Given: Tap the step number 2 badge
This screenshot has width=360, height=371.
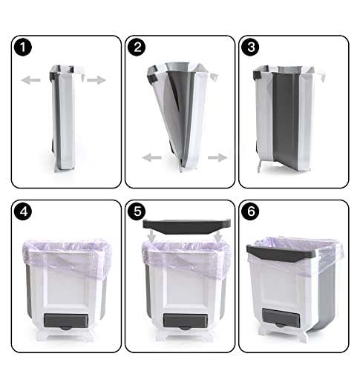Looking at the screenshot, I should pyautogui.click(x=136, y=47).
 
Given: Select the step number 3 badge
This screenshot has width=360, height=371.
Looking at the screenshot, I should pyautogui.click(x=249, y=47).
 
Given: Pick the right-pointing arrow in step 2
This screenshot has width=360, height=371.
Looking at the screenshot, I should pyautogui.click(x=217, y=157).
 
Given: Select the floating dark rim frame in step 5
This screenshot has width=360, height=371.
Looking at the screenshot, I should pyautogui.click(x=185, y=223).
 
